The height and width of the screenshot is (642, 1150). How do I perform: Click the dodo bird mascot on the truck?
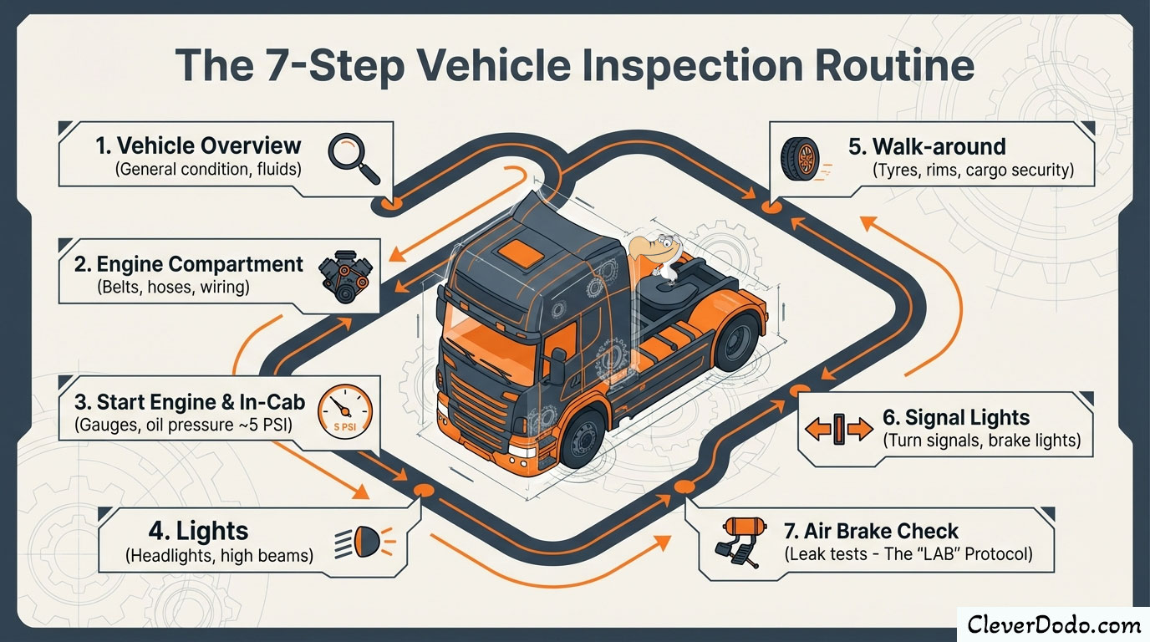coord(657,252)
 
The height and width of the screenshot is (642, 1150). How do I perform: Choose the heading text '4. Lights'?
coord(211,531)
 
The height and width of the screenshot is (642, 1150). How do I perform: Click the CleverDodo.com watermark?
coord(1053,624)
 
